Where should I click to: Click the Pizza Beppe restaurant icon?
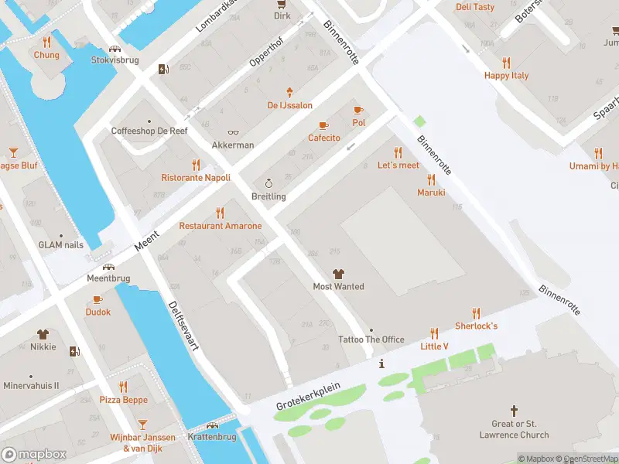pyautogui.click(x=123, y=387)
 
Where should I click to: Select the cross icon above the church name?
pyautogui.click(x=514, y=411)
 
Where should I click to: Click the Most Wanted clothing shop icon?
pyautogui.click(x=338, y=273)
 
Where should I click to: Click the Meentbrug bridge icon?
pyautogui.click(x=108, y=266)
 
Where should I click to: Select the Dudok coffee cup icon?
pyautogui.click(x=97, y=299)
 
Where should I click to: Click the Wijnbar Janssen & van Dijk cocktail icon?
pyautogui.click(x=142, y=424)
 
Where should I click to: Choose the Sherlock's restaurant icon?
pyautogui.click(x=476, y=313)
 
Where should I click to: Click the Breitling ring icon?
pyautogui.click(x=268, y=183)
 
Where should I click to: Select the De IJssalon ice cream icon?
pyautogui.click(x=290, y=92)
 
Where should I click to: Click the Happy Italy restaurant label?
pyautogui.click(x=506, y=76)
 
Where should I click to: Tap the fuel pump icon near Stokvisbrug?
pyautogui.click(x=163, y=69)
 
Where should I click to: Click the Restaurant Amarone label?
pyautogui.click(x=221, y=226)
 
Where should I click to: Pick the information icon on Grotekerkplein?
pyautogui.click(x=381, y=363)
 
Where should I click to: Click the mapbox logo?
pyautogui.click(x=34, y=454)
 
